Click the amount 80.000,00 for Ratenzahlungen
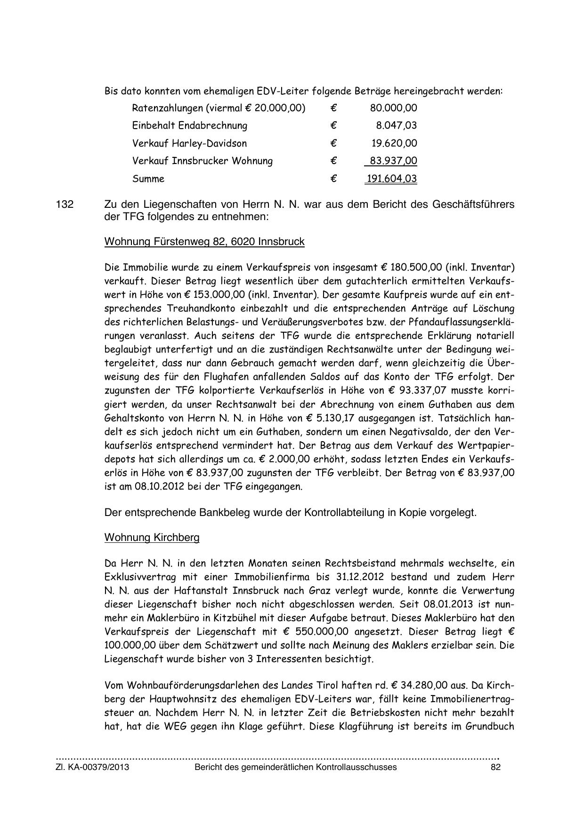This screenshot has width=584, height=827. click(393, 108)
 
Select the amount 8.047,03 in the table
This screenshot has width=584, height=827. click(396, 125)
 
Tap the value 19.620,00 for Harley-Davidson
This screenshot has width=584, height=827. click(394, 143)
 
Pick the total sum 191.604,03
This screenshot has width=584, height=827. click(391, 179)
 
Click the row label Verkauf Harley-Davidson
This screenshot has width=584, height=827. click(189, 143)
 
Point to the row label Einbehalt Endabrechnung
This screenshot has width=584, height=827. click(189, 125)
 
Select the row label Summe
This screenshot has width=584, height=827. click(148, 179)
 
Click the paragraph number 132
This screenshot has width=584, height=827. click(65, 205)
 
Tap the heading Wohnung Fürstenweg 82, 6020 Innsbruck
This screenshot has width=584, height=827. click(204, 242)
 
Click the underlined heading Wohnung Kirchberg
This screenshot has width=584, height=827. click(152, 537)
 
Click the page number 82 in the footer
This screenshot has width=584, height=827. click(495, 767)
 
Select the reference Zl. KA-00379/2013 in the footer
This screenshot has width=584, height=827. click(92, 767)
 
